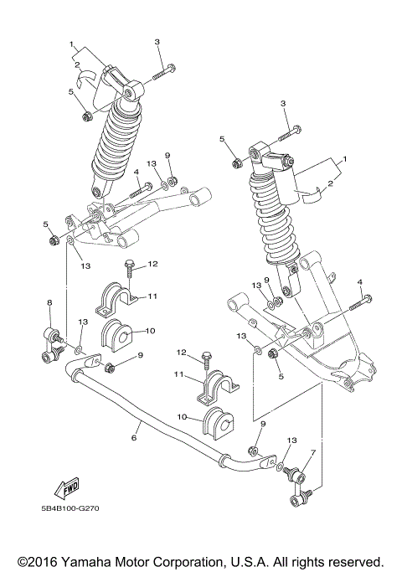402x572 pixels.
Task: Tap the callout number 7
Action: [312, 453]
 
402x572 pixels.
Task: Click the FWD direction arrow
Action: [66, 487]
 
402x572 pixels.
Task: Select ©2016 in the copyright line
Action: [39, 561]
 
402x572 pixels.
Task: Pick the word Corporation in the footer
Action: [198, 561]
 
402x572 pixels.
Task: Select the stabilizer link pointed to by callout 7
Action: [300, 487]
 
